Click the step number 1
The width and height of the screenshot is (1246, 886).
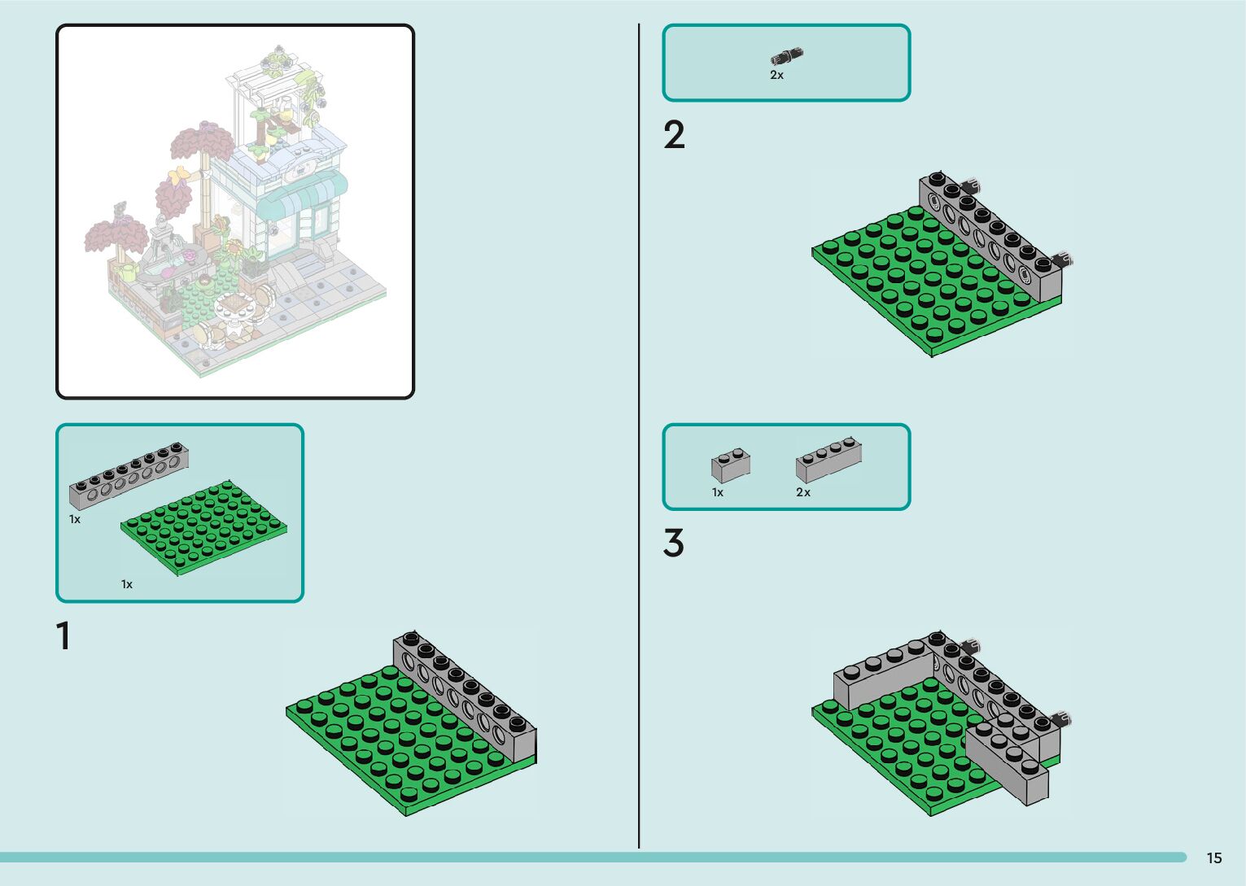[x=63, y=636]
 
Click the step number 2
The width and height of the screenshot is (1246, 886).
[x=674, y=135]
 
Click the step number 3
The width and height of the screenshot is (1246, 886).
[x=673, y=543]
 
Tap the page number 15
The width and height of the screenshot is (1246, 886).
[x=1213, y=858]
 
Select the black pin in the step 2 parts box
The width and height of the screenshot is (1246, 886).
[x=786, y=57]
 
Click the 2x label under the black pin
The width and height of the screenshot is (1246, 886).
[x=776, y=75]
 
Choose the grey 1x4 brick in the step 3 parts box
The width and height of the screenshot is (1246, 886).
[x=828, y=460]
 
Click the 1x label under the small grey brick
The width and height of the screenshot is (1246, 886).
[x=717, y=492]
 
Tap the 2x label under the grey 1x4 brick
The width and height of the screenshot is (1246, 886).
[x=802, y=492]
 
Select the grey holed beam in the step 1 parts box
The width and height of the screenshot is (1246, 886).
[x=129, y=475]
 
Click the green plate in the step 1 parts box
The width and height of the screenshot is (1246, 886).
[x=203, y=529]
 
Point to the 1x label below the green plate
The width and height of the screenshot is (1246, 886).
[x=126, y=584]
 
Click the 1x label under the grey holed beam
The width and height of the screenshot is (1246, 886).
[x=75, y=519]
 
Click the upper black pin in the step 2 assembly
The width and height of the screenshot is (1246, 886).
[x=970, y=186]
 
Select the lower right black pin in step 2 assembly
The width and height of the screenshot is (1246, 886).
[x=1063, y=260]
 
